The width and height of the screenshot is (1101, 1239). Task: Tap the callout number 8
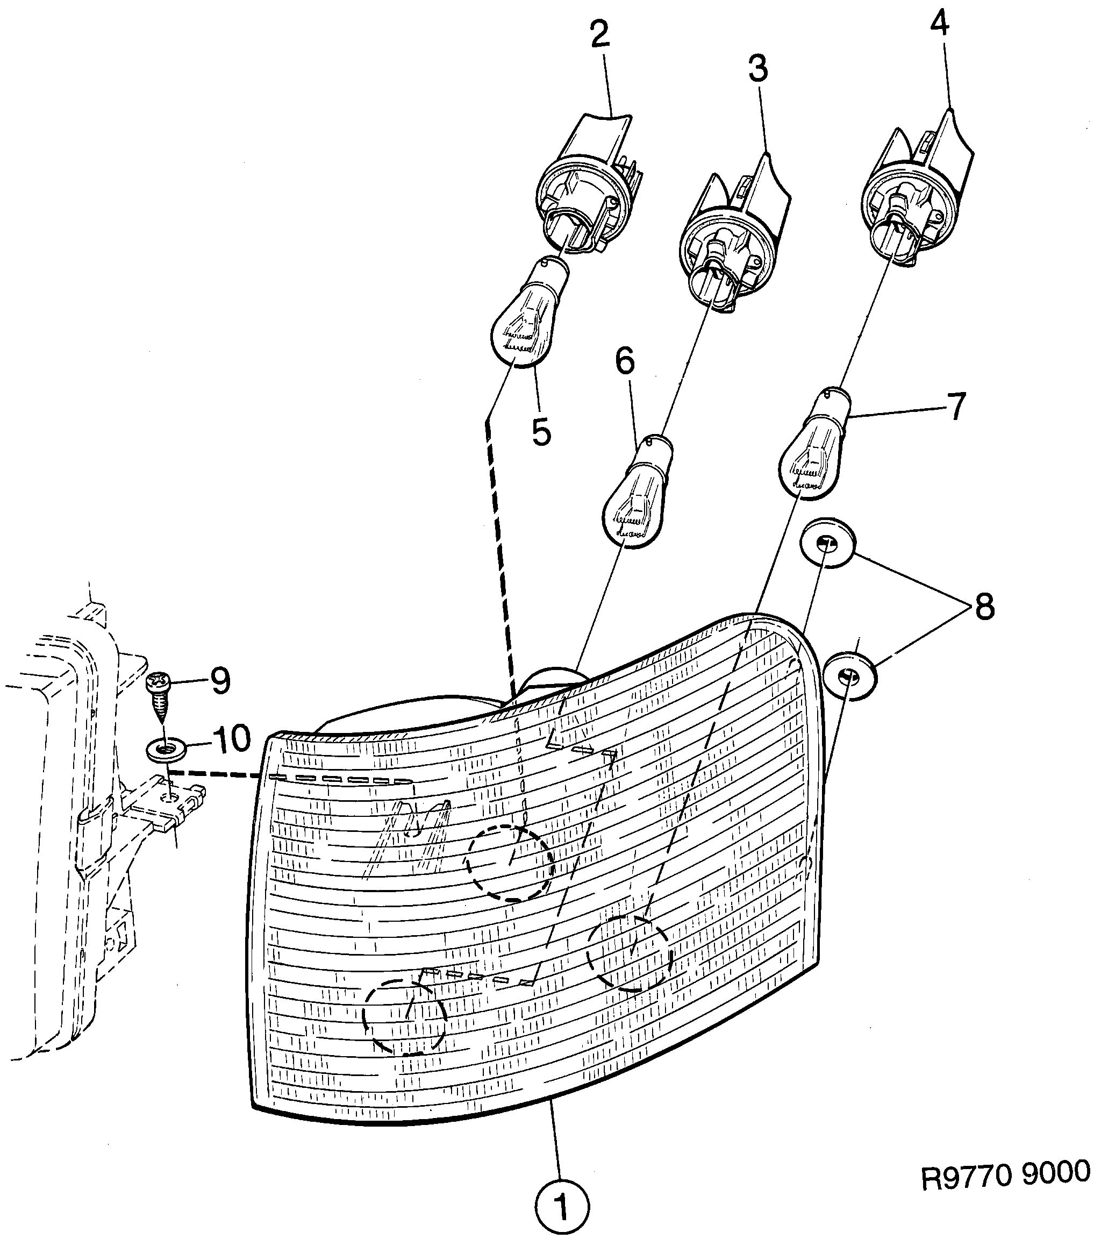pos(984,607)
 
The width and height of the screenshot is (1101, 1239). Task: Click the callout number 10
pos(230,739)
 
